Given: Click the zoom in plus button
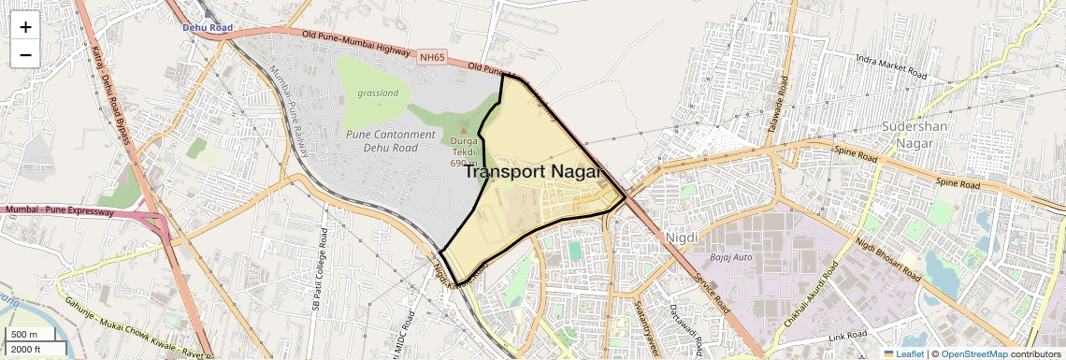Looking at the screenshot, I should tap(25, 27).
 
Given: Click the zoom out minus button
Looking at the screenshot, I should tap(25, 54).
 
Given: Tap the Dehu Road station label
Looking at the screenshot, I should tap(207, 28).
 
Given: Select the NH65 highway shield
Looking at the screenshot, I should tap(432, 58).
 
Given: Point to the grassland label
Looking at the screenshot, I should tap(378, 94).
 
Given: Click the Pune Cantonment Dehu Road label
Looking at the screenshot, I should tap(391, 140).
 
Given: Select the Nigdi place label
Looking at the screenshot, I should tap(681, 238).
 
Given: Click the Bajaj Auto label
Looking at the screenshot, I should tap(731, 256).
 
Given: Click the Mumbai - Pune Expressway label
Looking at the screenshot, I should tap(58, 212).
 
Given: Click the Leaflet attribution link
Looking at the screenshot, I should tap(903, 354).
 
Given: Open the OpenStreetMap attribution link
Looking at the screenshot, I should tap(973, 354).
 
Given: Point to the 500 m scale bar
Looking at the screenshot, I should tap(26, 335).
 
